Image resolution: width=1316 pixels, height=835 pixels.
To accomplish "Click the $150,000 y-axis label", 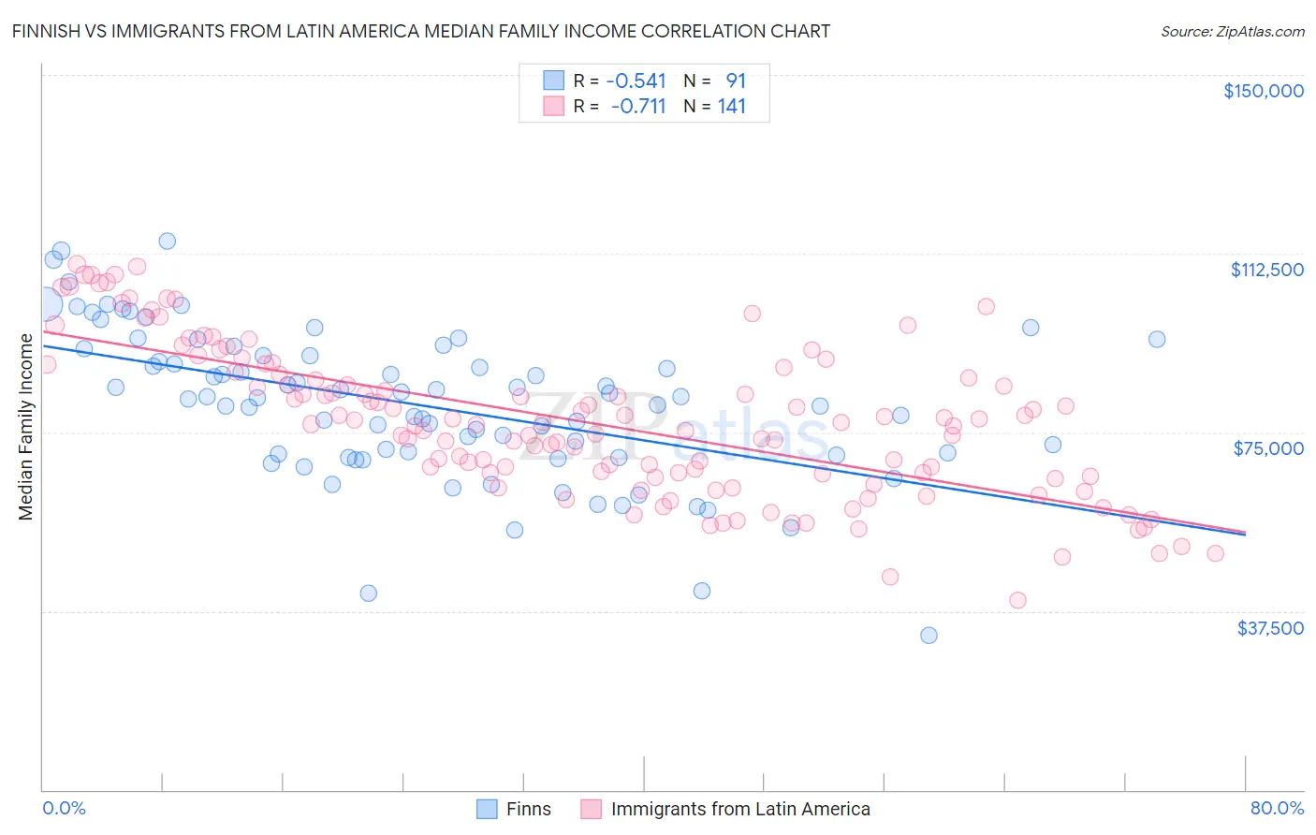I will click(x=1263, y=91).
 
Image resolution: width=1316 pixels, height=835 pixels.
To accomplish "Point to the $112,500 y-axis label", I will click(x=1266, y=270).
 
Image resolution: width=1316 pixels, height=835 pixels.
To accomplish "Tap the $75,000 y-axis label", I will click(x=1268, y=448).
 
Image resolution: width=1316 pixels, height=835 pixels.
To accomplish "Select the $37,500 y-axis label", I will click(x=1270, y=628).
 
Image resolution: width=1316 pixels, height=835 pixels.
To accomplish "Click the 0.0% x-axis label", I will click(x=64, y=808).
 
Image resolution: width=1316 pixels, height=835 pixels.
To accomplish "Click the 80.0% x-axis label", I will click(x=1277, y=808).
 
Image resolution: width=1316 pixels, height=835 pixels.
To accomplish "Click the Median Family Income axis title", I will click(x=26, y=426).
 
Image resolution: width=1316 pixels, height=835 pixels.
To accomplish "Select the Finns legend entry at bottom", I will click(x=528, y=809).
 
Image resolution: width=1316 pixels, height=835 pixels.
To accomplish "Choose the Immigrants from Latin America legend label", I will click(x=740, y=809).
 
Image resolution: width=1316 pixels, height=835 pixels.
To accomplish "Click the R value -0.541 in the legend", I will click(x=637, y=81).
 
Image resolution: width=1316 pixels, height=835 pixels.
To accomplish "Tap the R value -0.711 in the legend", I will click(x=637, y=107).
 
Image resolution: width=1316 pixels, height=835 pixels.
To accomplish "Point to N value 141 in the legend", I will click(x=731, y=107).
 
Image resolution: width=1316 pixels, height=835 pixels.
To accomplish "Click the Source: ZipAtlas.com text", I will click(x=1232, y=31).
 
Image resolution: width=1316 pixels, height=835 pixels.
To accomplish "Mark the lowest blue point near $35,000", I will click(x=929, y=636).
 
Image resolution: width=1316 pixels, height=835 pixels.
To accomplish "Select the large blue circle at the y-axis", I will click(x=44, y=304).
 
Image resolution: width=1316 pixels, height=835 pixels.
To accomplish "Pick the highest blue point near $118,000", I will click(x=167, y=241).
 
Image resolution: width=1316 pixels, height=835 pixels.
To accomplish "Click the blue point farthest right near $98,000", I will click(x=1157, y=340).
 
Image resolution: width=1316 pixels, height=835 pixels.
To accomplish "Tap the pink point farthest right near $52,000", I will click(x=1215, y=553).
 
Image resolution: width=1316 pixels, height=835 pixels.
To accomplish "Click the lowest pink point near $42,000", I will click(x=1017, y=600).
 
